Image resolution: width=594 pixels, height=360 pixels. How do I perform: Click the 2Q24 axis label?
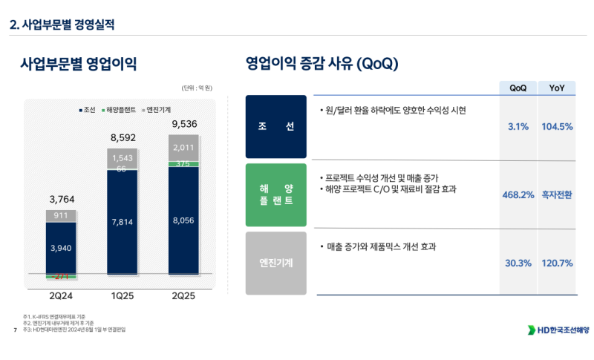click(x=60, y=295)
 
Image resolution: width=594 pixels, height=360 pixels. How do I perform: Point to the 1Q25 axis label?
click(x=122, y=295)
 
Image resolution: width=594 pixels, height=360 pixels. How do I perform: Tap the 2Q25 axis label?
click(x=183, y=295)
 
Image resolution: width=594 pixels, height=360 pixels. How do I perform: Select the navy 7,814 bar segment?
click(x=123, y=222)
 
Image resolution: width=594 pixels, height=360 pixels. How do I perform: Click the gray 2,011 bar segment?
click(x=184, y=147)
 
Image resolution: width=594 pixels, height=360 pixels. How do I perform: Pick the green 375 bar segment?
click(x=184, y=164)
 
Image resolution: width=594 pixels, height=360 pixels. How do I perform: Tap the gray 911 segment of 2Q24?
click(x=60, y=216)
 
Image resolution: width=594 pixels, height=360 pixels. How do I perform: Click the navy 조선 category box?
click(x=275, y=126)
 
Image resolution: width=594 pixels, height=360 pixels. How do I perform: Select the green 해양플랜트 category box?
click(x=275, y=195)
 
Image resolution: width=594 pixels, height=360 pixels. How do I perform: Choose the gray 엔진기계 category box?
click(x=275, y=263)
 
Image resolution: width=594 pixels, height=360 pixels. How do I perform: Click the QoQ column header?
click(x=518, y=88)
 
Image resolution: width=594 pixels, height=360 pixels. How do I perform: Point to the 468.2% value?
click(x=518, y=195)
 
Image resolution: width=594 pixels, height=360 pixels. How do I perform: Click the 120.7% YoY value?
click(x=557, y=264)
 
